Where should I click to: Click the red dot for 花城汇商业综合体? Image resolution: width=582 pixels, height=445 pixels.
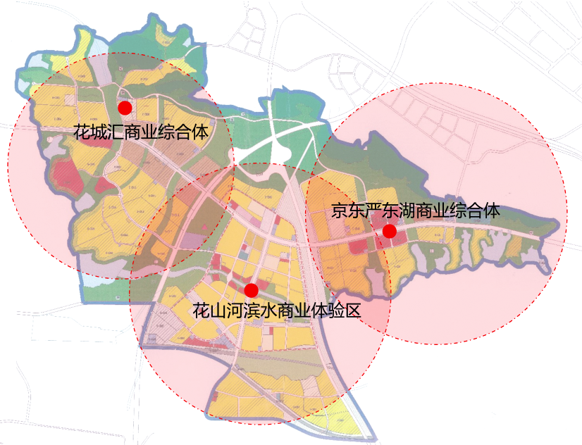click(125, 108)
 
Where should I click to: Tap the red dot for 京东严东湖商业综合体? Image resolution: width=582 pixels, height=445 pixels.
click(389, 231)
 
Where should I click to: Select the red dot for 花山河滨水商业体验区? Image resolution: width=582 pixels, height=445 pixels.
click(251, 290)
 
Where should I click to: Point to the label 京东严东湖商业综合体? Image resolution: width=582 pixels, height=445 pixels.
click(416, 211)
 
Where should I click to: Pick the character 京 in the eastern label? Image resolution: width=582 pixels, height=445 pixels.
click(340, 211)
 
